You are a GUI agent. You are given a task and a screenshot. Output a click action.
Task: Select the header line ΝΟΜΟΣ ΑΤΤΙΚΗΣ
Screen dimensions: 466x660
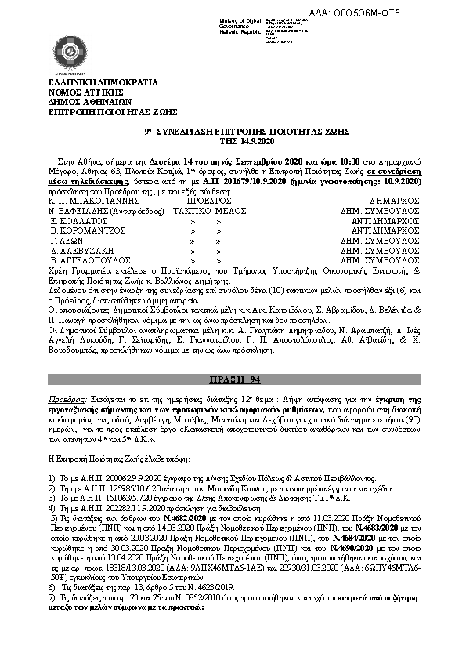[x=81, y=92]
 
